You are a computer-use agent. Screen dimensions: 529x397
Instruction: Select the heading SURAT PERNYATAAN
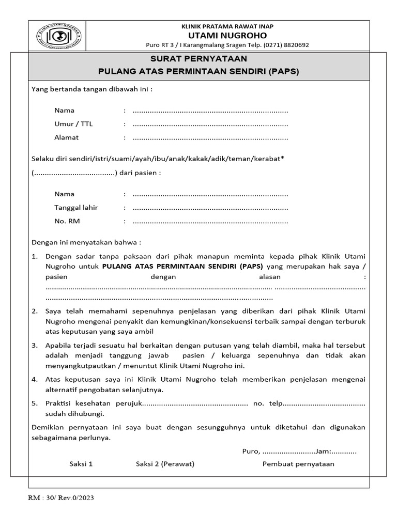[x=198, y=59]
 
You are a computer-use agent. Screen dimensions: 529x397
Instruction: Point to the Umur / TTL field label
[x=74, y=124]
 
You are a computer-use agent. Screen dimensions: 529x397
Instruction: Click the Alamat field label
[x=67, y=137]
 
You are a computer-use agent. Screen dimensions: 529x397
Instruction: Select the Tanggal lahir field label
[x=76, y=208]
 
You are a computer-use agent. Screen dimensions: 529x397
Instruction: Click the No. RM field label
[x=67, y=221]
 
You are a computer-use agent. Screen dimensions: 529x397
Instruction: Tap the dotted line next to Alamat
[x=210, y=138]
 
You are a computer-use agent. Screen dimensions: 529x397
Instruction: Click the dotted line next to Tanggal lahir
[x=210, y=208]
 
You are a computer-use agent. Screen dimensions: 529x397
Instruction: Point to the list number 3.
[x=35, y=345]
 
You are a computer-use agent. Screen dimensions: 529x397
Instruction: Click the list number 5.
[x=35, y=403]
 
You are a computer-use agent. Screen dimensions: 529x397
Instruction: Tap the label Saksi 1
[x=81, y=464]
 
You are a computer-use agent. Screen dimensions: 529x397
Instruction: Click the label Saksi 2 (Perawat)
[x=165, y=464]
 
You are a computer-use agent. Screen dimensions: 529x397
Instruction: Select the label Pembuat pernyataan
[x=298, y=464]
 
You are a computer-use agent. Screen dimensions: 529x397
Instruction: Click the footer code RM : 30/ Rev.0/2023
[x=60, y=498]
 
